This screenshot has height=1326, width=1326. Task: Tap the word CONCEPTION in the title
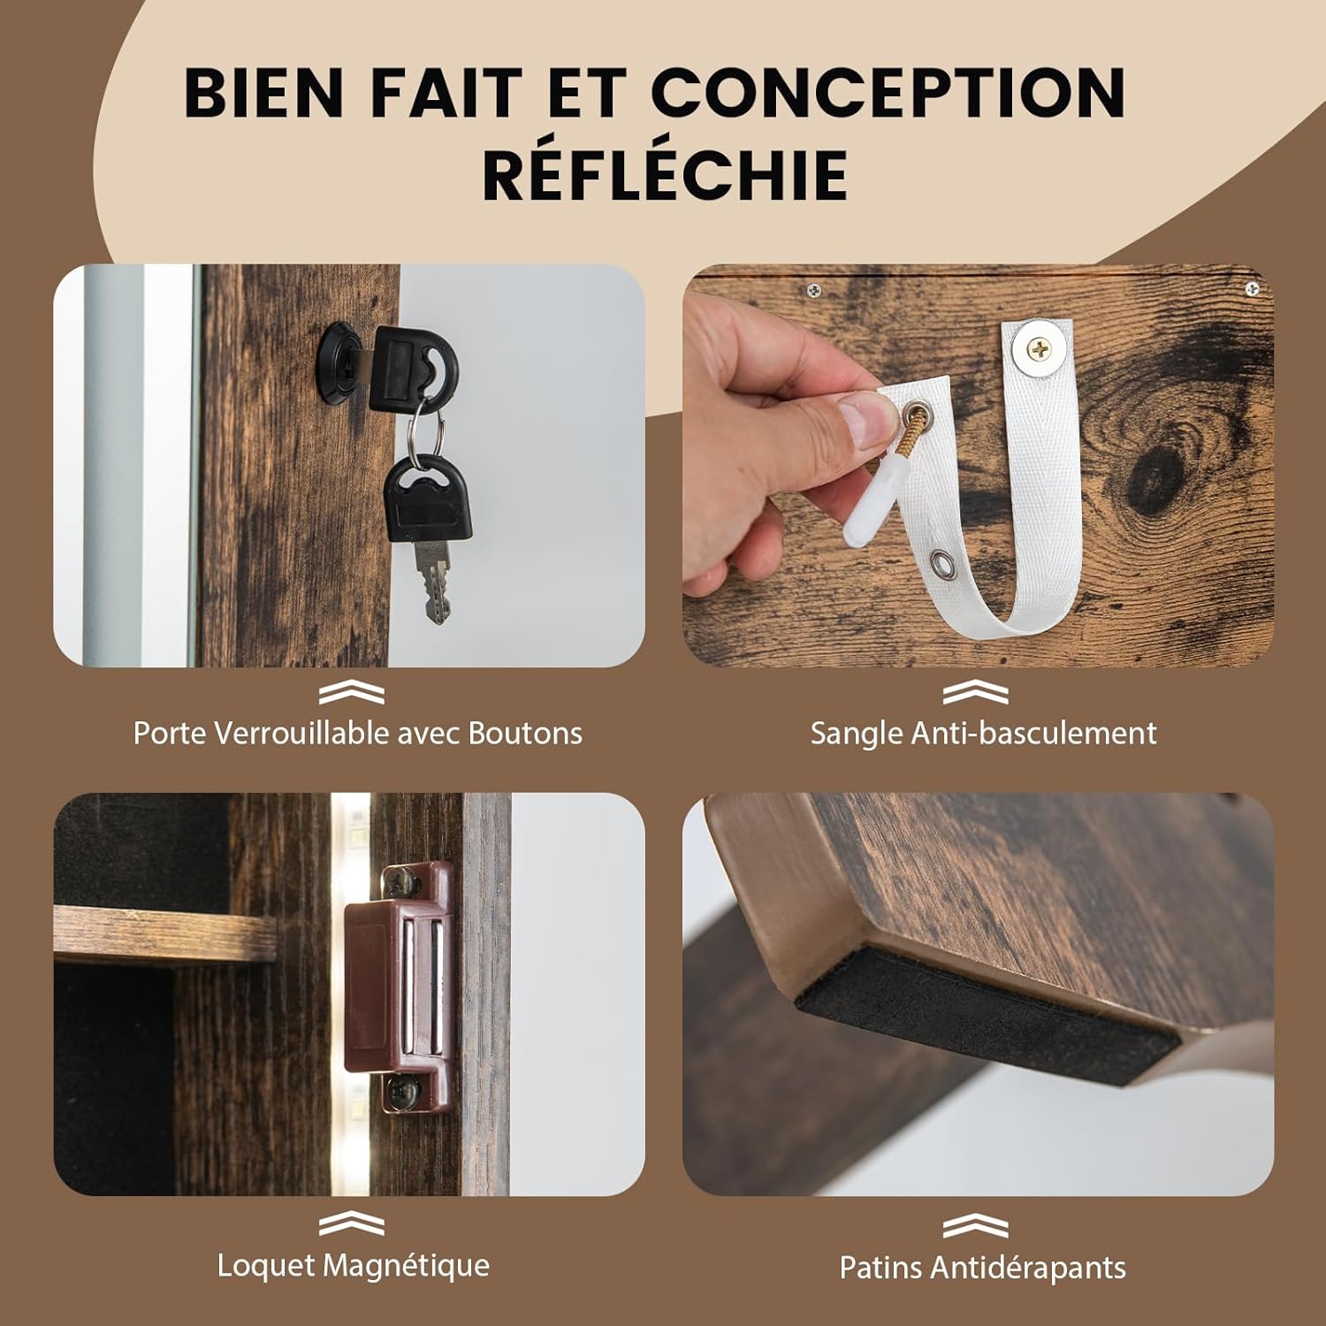[x=888, y=91]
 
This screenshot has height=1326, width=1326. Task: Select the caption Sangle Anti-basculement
[x=983, y=733]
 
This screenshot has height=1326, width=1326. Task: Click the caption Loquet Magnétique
[x=354, y=1265]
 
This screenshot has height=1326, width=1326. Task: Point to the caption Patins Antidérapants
[x=982, y=1267]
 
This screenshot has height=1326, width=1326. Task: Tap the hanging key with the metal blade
[x=429, y=535]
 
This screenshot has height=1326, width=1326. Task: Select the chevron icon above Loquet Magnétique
[x=352, y=1224]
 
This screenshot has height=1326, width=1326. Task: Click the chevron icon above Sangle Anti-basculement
[x=975, y=693]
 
